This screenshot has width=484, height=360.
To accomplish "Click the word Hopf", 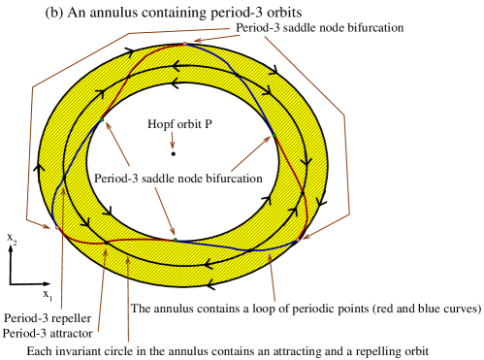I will [x=158, y=124].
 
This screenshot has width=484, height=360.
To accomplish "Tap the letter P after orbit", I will [x=208, y=124].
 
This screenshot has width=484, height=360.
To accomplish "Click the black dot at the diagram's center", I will [x=174, y=153].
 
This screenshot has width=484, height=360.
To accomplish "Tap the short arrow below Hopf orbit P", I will [x=174, y=140].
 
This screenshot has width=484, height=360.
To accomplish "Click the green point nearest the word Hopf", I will [x=102, y=119].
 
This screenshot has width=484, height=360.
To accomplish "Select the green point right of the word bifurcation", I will [x=272, y=136].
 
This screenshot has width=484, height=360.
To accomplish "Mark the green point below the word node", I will [x=175, y=239].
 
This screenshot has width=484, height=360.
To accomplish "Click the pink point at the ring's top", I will [x=184, y=44].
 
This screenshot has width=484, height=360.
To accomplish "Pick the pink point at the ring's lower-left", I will [x=57, y=228].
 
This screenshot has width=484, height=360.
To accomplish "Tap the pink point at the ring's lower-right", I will [x=298, y=240].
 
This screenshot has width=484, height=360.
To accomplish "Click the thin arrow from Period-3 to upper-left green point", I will [x=117, y=146].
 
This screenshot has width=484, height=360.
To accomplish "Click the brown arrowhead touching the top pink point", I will [x=194, y=42].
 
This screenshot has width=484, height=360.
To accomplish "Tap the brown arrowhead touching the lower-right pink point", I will [x=305, y=235].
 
